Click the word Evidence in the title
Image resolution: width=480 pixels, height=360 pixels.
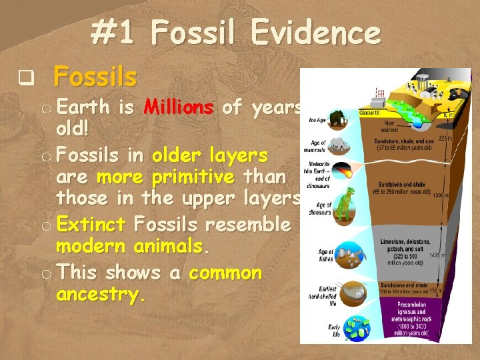tap(313, 32)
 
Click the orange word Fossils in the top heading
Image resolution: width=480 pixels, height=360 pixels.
tap(95, 77)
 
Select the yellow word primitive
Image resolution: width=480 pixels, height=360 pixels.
tap(193, 177)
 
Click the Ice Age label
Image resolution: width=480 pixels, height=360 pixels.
tap(317, 121)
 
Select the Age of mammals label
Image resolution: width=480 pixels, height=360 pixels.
tap(318, 145)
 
